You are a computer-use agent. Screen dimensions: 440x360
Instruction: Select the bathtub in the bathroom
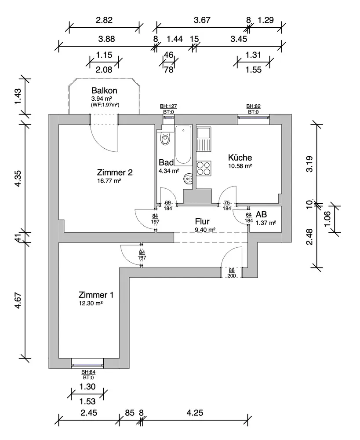183,144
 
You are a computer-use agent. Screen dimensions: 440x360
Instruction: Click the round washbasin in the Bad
189,179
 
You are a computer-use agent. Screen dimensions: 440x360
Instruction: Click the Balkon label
105,90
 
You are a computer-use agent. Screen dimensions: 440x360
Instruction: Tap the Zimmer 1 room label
96,294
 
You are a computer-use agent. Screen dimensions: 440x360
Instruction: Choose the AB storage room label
261,214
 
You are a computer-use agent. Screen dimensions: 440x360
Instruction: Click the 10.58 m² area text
240,166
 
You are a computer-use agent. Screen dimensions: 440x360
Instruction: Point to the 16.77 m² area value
109,180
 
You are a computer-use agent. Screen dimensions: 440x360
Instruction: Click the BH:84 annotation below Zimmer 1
88,372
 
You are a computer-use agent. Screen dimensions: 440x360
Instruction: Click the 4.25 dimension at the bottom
195,413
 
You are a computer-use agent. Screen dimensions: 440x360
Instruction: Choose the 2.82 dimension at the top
104,20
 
